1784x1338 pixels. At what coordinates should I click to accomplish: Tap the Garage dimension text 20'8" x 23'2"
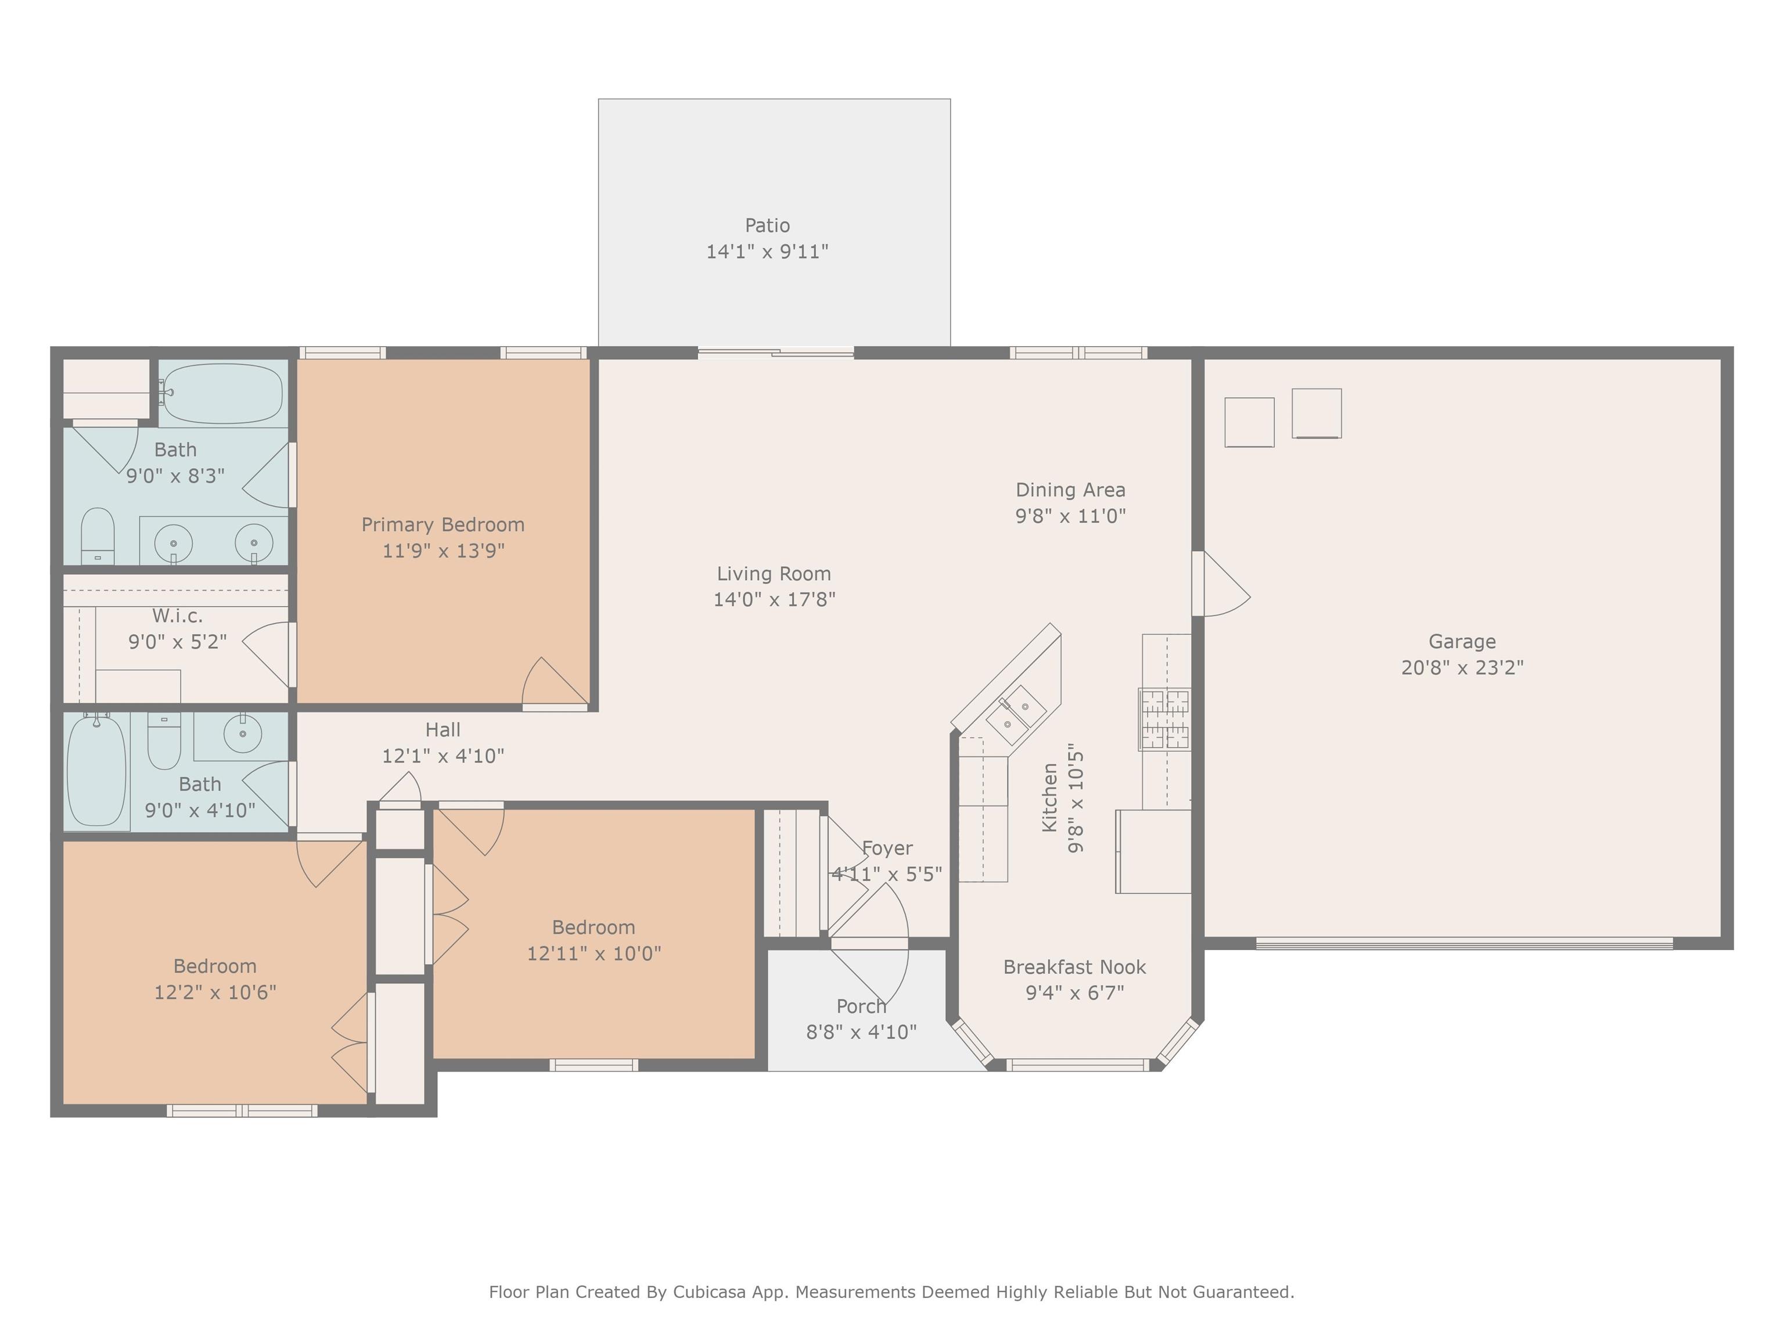1462,667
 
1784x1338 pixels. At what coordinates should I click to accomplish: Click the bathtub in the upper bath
222,394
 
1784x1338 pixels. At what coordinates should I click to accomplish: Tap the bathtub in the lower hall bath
96,770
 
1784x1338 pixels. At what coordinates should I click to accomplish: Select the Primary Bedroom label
443,524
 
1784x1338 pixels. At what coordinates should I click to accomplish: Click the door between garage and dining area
1220,584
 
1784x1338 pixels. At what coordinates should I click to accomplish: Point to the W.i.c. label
178,616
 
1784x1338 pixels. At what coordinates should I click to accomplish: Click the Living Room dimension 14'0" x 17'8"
774,599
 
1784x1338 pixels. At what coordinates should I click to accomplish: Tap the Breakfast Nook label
1074,966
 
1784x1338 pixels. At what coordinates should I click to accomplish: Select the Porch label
861,1006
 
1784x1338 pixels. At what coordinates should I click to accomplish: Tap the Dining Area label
1070,490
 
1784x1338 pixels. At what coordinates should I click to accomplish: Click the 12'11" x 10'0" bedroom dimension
594,954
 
